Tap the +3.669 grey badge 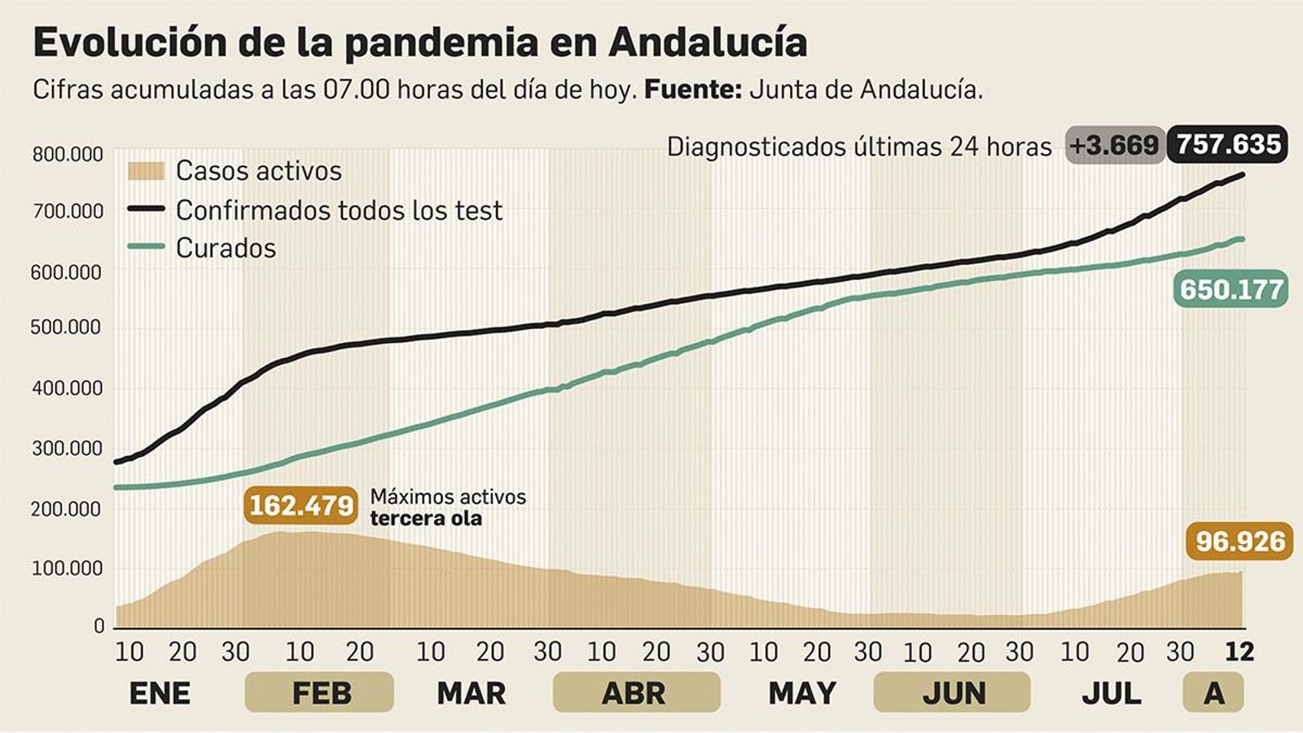pyautogui.click(x=1113, y=146)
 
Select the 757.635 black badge pyautogui.click(x=1228, y=144)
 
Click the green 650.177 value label pyautogui.click(x=1231, y=289)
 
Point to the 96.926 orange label pyautogui.click(x=1239, y=541)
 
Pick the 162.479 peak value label pyautogui.click(x=301, y=505)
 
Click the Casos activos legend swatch pyautogui.click(x=146, y=171)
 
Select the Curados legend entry pyautogui.click(x=226, y=248)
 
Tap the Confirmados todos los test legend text pyautogui.click(x=339, y=210)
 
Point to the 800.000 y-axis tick pyautogui.click(x=68, y=154)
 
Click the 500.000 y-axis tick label pyautogui.click(x=68, y=327)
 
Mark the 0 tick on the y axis pyautogui.click(x=99, y=626)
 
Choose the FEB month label pyautogui.click(x=321, y=693)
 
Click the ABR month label pyautogui.click(x=634, y=693)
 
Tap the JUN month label pyautogui.click(x=953, y=693)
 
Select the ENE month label pyautogui.click(x=160, y=693)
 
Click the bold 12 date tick pyautogui.click(x=1239, y=652)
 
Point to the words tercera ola pyautogui.click(x=425, y=519)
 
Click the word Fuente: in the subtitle pyautogui.click(x=692, y=90)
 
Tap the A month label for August pyautogui.click(x=1213, y=693)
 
